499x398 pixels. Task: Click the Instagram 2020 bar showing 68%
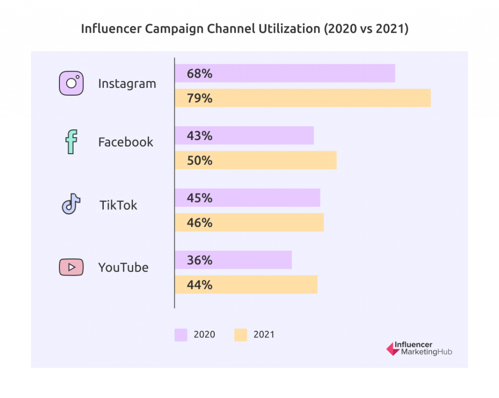click(285, 74)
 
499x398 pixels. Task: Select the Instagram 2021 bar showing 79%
click(303, 98)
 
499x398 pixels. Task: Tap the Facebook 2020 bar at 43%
click(244, 136)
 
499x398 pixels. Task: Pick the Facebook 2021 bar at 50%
click(255, 160)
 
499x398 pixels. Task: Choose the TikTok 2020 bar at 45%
click(247, 198)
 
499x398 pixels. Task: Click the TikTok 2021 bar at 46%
click(249, 222)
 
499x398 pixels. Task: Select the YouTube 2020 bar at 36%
click(233, 260)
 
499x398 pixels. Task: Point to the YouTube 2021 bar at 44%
click(246, 285)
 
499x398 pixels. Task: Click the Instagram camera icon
click(71, 83)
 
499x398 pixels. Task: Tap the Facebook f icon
click(71, 142)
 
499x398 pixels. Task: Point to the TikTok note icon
click(71, 204)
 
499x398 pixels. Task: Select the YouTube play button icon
click(71, 267)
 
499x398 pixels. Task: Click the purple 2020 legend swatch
click(181, 335)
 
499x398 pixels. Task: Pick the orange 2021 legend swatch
click(241, 335)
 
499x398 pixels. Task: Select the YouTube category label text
click(123, 268)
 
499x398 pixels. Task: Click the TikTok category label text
click(118, 205)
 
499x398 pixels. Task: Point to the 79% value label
click(200, 99)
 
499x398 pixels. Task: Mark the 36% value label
click(200, 260)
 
